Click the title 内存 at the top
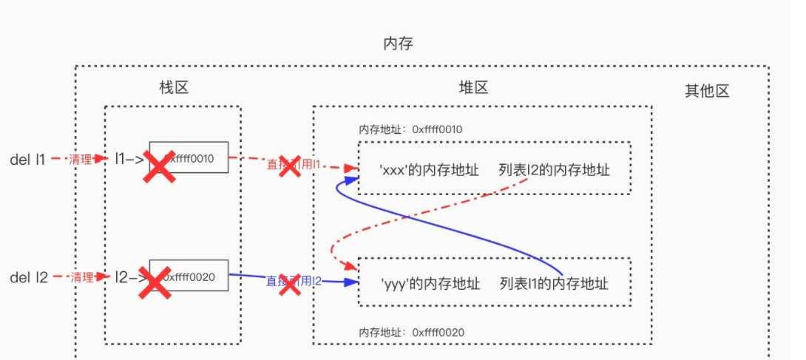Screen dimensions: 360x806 click(398, 44)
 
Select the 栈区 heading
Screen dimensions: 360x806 click(175, 88)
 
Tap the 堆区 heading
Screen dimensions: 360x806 click(473, 88)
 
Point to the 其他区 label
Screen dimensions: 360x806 click(707, 91)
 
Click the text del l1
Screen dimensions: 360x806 click(27, 159)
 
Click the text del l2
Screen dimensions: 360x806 click(28, 277)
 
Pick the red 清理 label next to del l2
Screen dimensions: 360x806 click(81, 277)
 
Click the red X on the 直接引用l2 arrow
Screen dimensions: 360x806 click(289, 284)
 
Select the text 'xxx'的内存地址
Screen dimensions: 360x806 click(429, 170)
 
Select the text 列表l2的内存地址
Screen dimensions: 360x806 click(555, 170)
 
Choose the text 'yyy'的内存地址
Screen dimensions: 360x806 click(430, 283)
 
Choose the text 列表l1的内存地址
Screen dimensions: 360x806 click(554, 283)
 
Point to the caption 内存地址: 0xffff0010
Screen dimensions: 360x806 click(410, 129)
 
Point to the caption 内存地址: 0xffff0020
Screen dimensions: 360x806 click(411, 332)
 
